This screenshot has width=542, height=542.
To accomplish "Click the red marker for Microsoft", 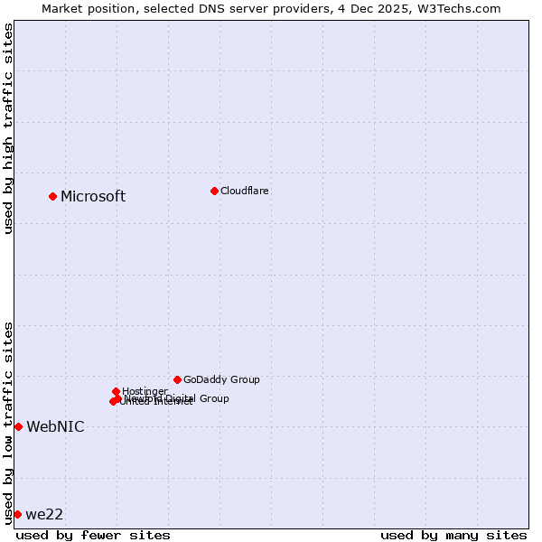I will click(52, 196).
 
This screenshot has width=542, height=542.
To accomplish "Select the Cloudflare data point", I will click(214, 191).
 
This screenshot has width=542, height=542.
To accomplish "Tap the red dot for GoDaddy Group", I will click(177, 379).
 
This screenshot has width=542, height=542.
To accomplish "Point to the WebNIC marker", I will click(18, 426).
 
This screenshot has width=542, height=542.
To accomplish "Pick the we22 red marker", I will click(17, 514).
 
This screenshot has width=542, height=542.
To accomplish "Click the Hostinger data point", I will click(116, 391).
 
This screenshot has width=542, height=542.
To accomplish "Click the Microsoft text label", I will click(93, 197).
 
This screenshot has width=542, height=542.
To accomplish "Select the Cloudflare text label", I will click(244, 192).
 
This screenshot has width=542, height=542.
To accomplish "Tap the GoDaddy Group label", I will click(221, 380).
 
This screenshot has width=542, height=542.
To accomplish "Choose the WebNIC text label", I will click(55, 427).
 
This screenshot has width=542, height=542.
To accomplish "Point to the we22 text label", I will click(44, 515).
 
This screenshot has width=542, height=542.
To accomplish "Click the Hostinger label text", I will click(145, 391).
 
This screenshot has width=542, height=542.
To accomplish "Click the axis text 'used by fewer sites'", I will click(93, 535).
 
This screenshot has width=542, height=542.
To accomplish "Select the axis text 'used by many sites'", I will click(453, 535).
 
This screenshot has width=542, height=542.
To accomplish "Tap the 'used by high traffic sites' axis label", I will click(8, 128).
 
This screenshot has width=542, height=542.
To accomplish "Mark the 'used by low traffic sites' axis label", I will click(8, 422).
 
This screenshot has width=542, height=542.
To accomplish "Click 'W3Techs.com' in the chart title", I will click(463, 8).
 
